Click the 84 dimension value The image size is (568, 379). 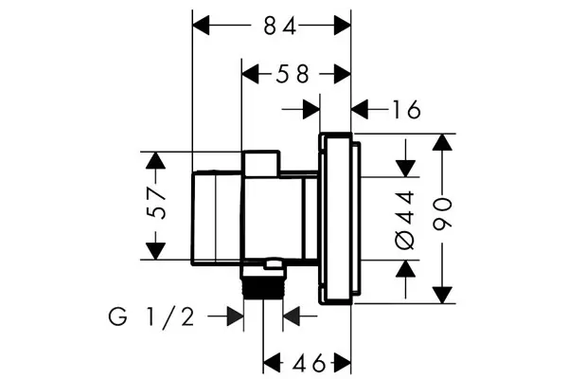[x=279, y=27]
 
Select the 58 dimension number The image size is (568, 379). [x=293, y=74]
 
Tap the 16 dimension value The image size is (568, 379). [x=407, y=109]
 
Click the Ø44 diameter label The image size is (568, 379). [x=405, y=220]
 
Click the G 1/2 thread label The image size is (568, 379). [x=151, y=316]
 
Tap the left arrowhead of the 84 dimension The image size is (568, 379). [x=201, y=26]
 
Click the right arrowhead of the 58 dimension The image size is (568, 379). [x=343, y=74]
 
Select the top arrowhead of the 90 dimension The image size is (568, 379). [x=442, y=142]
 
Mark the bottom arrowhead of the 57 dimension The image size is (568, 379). [x=156, y=251]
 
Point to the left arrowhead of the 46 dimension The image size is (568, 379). [x=272, y=363]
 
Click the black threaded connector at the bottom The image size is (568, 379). [x=262, y=286]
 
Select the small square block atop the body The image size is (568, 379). [x=261, y=164]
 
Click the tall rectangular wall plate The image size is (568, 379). [x=335, y=219]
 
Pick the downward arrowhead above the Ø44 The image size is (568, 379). [x=406, y=169]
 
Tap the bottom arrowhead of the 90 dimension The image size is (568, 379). [x=442, y=295]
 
